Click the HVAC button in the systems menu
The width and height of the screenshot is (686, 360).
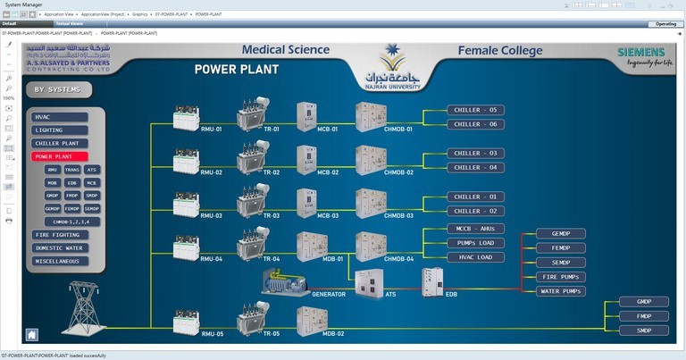(59, 117)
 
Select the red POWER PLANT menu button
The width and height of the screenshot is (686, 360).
(59, 156)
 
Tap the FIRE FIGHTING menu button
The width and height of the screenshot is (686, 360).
(59, 235)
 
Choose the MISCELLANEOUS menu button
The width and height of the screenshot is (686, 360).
(59, 261)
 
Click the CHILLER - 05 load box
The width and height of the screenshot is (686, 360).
(475, 111)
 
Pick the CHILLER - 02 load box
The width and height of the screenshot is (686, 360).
(475, 211)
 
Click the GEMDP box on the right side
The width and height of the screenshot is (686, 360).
(562, 234)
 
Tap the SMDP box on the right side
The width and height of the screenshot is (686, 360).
(643, 331)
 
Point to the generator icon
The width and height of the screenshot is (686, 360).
(284, 282)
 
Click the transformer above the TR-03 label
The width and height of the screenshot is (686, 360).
(253, 200)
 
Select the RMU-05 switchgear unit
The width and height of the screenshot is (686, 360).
(186, 321)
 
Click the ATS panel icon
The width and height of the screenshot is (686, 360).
(369, 282)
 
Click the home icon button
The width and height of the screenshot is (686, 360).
(32, 335)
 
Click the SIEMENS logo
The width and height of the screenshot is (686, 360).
(640, 53)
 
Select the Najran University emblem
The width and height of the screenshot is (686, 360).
(389, 68)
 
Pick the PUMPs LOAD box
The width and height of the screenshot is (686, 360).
(475, 243)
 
